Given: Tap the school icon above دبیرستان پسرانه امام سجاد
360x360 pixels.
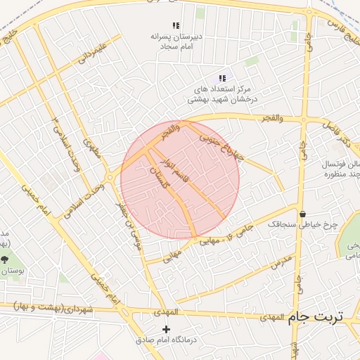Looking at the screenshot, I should (176, 25).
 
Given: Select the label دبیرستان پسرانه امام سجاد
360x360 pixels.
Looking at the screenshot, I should (176, 40).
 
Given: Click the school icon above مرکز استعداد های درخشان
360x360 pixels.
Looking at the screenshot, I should (222, 78).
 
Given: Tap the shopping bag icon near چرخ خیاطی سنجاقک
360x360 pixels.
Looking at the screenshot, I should (302, 214).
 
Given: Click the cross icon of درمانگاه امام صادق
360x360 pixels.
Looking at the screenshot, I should (166, 329).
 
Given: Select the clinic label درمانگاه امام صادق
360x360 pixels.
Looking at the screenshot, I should (167, 340).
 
